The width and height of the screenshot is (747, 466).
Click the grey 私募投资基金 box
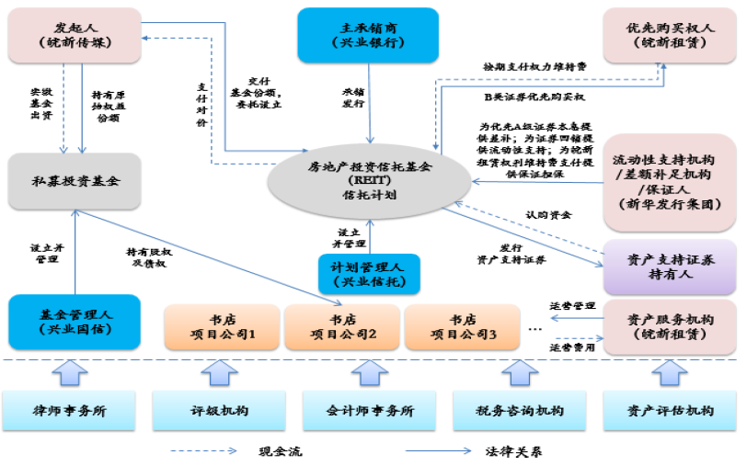(x=75, y=181)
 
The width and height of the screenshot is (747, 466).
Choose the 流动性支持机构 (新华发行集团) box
(x=670, y=181)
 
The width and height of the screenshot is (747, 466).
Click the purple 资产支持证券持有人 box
(x=670, y=267)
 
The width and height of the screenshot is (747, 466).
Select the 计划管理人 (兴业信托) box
(x=368, y=274)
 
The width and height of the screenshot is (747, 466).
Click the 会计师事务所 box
(x=370, y=410)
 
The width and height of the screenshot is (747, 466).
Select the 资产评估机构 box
(x=670, y=410)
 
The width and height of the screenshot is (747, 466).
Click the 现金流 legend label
(x=280, y=451)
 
